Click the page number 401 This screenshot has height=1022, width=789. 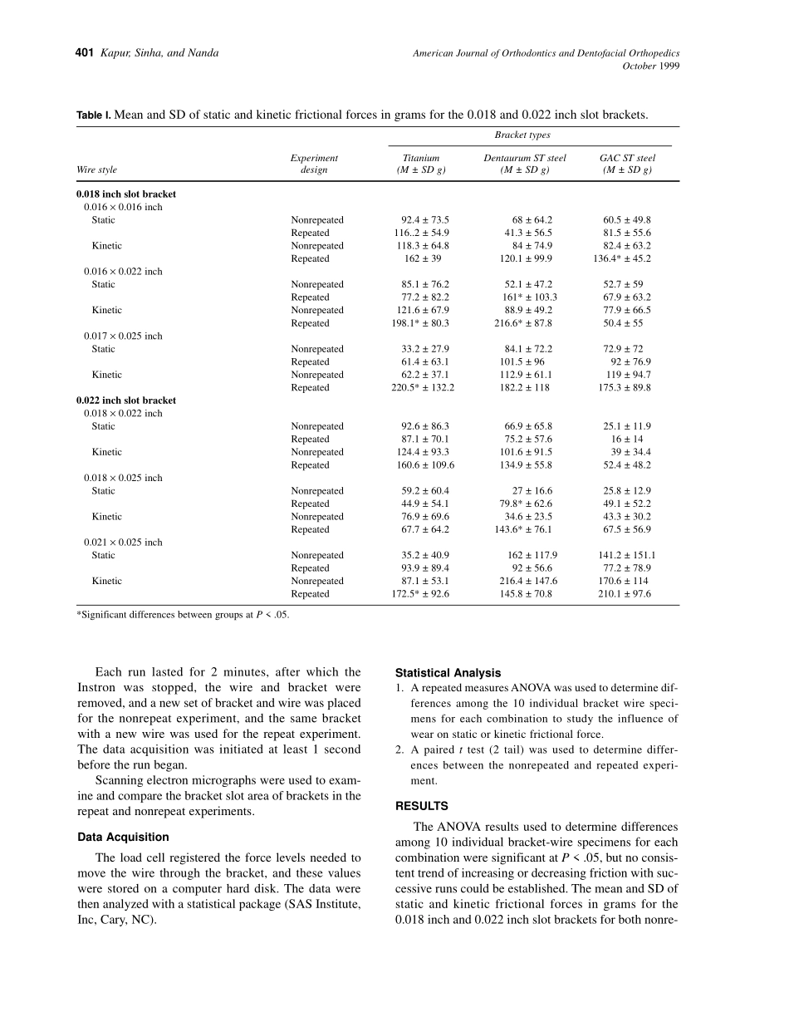tap(84, 53)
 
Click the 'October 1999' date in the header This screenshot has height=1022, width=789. tap(650, 66)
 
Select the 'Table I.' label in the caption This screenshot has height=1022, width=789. tap(93, 115)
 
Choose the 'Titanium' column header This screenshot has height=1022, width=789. tap(421, 158)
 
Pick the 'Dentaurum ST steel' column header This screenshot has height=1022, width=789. tap(525, 158)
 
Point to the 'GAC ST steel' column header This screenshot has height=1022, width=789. tap(627, 158)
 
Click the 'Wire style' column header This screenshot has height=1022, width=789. tap(97, 170)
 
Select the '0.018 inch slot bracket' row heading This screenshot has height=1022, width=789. tap(126, 194)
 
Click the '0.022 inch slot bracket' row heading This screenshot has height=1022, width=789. tap(126, 400)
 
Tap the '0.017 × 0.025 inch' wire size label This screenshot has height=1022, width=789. tap(123, 336)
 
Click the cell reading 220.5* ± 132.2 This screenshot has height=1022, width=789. tap(423, 387)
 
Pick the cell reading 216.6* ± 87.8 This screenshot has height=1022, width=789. tap(523, 323)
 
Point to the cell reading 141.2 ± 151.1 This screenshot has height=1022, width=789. tap(627, 555)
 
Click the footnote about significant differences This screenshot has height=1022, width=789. tap(183, 616)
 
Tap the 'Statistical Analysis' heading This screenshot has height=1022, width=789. tap(448, 673)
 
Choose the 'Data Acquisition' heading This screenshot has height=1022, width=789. tap(122, 838)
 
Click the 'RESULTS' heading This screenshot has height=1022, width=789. tap(421, 806)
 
